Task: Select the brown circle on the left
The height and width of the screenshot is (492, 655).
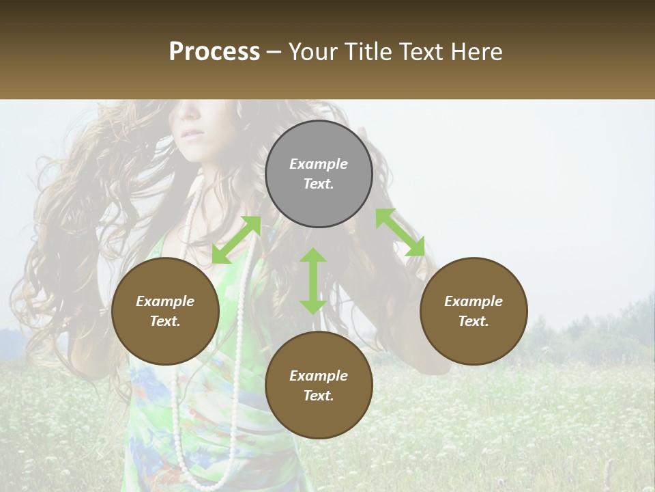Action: point(165,311)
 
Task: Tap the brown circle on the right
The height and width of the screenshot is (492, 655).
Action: point(474,311)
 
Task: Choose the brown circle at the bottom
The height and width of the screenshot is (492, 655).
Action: point(319,385)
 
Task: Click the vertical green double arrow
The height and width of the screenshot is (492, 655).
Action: point(313,281)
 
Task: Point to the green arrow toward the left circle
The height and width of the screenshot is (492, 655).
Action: point(236,240)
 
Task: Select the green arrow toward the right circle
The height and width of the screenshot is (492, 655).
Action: point(400,232)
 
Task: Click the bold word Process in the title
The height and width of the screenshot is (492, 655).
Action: point(214,51)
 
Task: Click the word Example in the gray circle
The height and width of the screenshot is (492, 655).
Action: point(319,164)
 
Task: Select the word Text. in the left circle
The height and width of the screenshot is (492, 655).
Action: point(165,321)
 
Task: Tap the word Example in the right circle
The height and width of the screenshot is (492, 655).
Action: point(474,301)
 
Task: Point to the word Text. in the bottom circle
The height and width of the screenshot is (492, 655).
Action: point(319,396)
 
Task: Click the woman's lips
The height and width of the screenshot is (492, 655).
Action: point(192,133)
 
